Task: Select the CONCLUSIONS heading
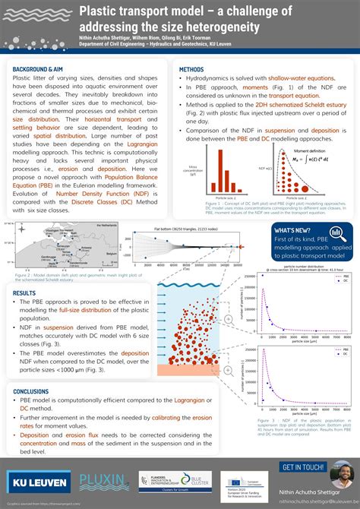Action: pos(31,391)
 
